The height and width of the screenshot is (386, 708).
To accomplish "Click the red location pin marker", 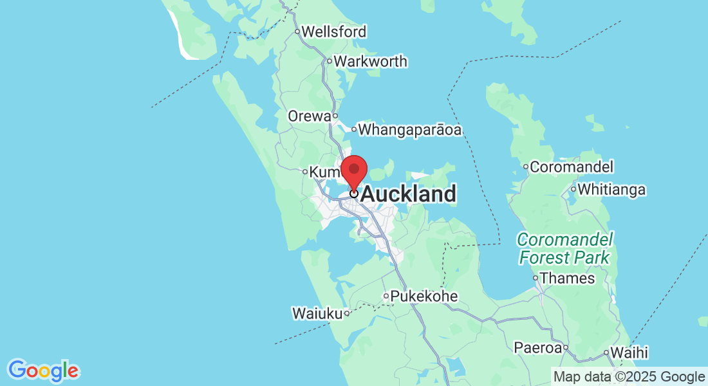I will [353, 170].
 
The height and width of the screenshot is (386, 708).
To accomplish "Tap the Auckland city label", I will [409, 194].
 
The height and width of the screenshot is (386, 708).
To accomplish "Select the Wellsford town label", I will [333, 32].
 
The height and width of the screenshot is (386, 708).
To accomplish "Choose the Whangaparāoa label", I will [410, 130].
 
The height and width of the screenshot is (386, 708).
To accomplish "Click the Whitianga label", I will [611, 190].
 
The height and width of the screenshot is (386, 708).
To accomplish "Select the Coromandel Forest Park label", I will [564, 249].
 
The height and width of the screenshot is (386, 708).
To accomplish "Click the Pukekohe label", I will [424, 297].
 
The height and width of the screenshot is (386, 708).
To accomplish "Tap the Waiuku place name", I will [317, 314].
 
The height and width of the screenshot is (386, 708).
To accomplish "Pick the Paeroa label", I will [537, 348].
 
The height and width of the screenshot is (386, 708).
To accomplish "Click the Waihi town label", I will [629, 353].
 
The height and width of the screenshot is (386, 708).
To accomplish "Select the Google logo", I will [43, 371].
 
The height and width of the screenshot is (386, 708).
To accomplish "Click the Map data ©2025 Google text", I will [629, 376].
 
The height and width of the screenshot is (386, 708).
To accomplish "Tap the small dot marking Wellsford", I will [297, 32].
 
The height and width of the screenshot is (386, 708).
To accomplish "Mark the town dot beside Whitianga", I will [573, 190].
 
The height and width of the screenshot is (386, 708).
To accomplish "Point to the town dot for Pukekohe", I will [386, 297].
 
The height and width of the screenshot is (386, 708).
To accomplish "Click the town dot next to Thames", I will [536, 279].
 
